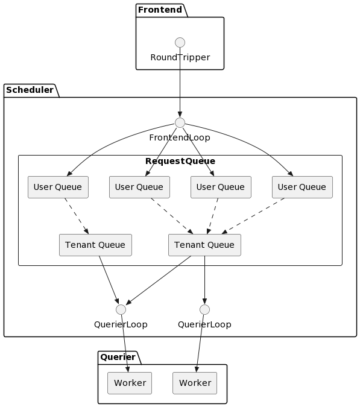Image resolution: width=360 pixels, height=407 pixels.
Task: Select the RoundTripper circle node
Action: click(180, 42)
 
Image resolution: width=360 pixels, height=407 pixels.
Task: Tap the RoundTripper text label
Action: click(180, 57)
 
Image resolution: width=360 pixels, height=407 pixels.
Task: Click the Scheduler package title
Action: click(30, 90)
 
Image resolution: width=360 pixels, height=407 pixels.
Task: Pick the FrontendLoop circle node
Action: click(180, 122)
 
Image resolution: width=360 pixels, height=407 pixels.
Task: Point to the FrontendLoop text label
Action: click(180, 137)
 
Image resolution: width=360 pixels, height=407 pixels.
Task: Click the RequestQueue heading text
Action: click(180, 161)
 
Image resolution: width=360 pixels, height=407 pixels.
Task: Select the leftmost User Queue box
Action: click(58, 187)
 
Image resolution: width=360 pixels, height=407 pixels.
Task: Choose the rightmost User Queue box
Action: click(302, 187)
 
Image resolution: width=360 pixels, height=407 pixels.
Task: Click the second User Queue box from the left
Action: click(139, 187)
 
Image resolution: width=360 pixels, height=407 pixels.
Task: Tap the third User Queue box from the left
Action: click(221, 187)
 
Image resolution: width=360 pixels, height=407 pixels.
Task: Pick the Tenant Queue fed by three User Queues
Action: click(204, 245)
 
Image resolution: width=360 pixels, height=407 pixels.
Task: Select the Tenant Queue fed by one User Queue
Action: click(95, 245)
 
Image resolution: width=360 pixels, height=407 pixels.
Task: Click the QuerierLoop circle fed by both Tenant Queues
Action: click(121, 309)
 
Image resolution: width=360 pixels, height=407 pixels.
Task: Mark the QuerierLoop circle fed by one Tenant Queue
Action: click(204, 309)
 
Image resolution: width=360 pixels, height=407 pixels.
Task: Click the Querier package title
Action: click(118, 358)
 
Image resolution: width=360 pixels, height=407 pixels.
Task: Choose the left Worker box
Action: click(130, 383)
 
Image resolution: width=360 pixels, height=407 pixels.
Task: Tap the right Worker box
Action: click(195, 383)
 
